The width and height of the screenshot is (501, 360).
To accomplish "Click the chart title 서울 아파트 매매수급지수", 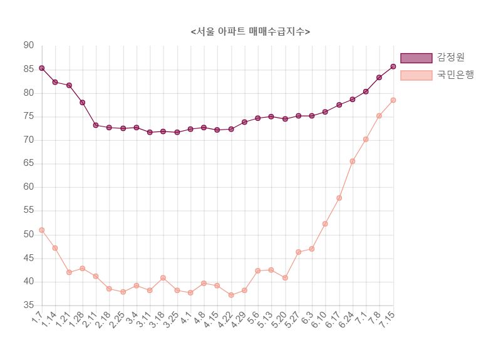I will coord(250,31).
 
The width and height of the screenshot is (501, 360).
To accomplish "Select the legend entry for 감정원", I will coord(450,58).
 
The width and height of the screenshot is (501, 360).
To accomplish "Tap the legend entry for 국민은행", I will coord(455,75).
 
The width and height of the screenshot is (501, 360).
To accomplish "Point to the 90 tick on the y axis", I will coord(29,46).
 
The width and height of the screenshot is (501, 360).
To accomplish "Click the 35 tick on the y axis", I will coord(29,306).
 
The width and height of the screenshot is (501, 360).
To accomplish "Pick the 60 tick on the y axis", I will coord(29,187).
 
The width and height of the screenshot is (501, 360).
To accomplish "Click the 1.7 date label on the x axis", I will coord(37,319).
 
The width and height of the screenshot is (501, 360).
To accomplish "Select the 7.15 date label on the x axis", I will coord(386,321).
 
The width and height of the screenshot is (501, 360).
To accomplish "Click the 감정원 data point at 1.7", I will coord(41,68).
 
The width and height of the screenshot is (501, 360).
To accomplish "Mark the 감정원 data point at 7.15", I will coord(393,66).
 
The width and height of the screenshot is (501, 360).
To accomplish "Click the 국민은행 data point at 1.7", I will coord(41,230).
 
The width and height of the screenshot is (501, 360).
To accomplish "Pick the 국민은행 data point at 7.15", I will coord(393,100).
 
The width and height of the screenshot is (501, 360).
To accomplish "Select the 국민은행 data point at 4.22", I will coord(231,295).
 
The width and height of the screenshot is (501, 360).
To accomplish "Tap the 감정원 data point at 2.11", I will coord(96,125).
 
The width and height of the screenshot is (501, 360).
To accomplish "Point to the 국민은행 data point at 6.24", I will coord(353,161).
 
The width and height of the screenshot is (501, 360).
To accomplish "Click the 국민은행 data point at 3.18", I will coord(163,278).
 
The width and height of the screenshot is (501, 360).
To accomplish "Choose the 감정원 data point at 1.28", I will coord(82,102).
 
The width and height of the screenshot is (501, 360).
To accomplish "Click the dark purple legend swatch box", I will coord(416,58).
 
